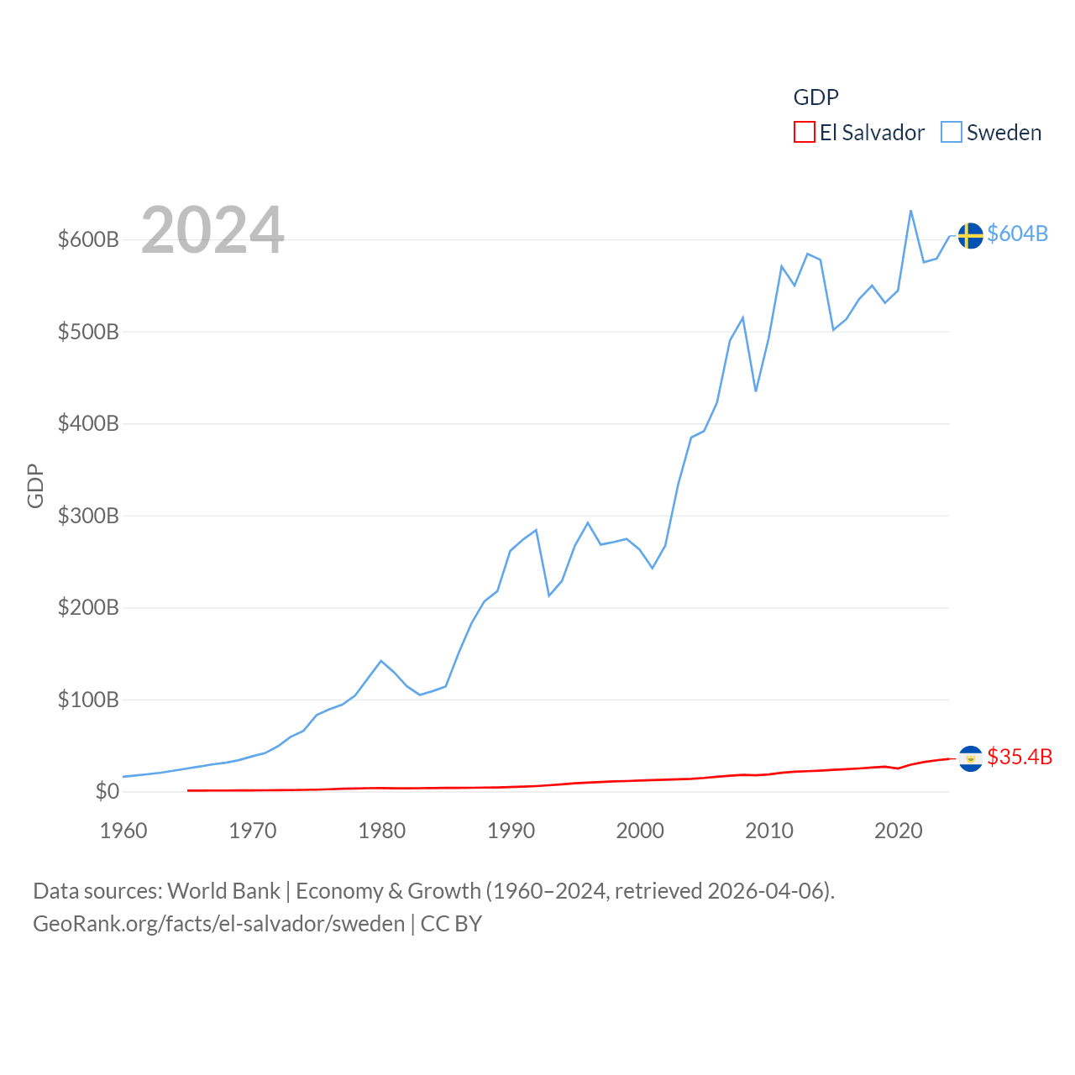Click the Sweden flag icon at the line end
(x=970, y=236)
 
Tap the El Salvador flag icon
(x=970, y=758)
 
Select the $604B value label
(x=1017, y=233)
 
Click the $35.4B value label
(x=1020, y=757)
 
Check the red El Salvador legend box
(x=804, y=133)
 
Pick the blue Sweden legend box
(x=951, y=133)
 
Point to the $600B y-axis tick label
(x=88, y=239)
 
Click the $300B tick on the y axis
(x=88, y=516)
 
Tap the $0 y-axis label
(x=107, y=791)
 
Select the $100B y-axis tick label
(x=88, y=700)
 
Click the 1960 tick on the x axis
(x=123, y=831)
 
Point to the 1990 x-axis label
(x=511, y=831)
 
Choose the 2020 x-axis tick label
(x=898, y=831)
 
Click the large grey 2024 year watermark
(x=212, y=230)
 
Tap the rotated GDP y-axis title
(x=35, y=485)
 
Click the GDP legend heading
(x=815, y=97)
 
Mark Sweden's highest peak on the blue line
(x=910, y=211)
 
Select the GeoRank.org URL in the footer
(x=218, y=924)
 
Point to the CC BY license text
(x=451, y=924)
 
